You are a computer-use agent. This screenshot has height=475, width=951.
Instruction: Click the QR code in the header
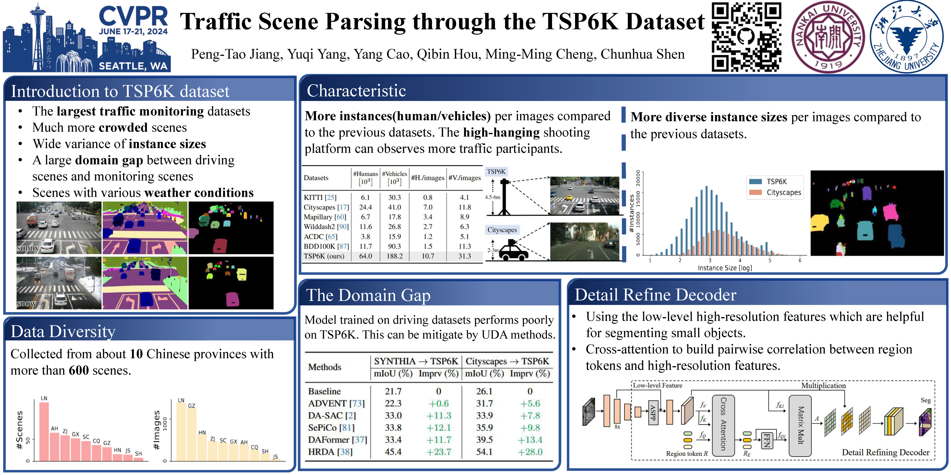pyautogui.click(x=746, y=37)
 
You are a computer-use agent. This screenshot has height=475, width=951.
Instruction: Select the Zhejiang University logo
pyautogui.click(x=907, y=37)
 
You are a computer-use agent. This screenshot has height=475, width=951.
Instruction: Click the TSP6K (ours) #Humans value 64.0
pyautogui.click(x=366, y=256)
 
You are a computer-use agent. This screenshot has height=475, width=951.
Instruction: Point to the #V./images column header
pyautogui.click(x=464, y=178)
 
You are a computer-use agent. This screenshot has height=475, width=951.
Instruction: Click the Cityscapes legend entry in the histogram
pyautogui.click(x=775, y=193)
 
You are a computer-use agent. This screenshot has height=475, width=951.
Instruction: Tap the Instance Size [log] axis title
pyautogui.click(x=725, y=268)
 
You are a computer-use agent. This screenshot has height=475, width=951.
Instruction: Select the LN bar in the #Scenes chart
pyautogui.click(x=44, y=431)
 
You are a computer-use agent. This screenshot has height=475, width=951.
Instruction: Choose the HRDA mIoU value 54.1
pyautogui.click(x=484, y=452)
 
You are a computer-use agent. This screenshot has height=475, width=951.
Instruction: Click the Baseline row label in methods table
pyautogui.click(x=324, y=391)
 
